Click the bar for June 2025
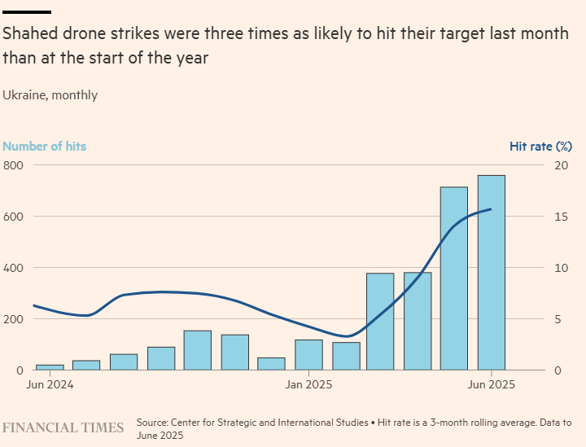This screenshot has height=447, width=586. pyautogui.click(x=491, y=273)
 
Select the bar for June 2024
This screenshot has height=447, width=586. pyautogui.click(x=50, y=367)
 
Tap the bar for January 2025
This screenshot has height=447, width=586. pyautogui.click(x=308, y=355)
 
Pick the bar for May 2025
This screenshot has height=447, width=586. pyautogui.click(x=454, y=278)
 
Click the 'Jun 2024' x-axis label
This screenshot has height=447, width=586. pyautogui.click(x=50, y=384)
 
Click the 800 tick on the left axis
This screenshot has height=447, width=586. pyautogui.click(x=14, y=165)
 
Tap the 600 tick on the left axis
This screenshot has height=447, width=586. pyautogui.click(x=14, y=217)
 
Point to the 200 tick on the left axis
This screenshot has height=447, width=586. pyautogui.click(x=14, y=319)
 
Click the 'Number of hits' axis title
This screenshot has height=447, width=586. pyautogui.click(x=45, y=147)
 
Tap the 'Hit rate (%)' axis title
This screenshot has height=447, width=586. pyautogui.click(x=541, y=147)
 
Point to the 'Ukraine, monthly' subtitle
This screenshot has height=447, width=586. pyautogui.click(x=50, y=95)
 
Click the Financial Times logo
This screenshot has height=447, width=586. pyautogui.click(x=63, y=427)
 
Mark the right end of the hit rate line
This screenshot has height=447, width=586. pyautogui.click(x=491, y=209)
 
